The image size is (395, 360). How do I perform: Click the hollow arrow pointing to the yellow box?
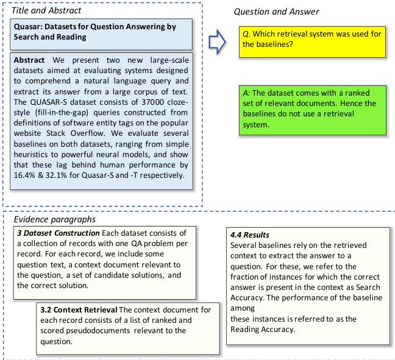click(217, 43)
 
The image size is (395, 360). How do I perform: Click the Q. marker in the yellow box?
click(246, 34)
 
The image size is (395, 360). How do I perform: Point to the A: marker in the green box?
click(246, 93)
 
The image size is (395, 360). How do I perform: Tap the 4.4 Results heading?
click(249, 235)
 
